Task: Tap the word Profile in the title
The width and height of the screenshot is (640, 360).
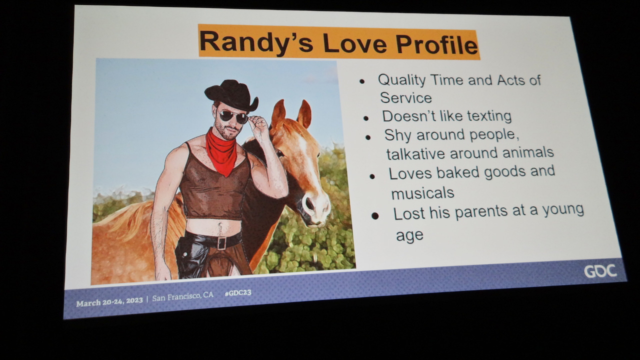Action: pyautogui.click(x=437, y=44)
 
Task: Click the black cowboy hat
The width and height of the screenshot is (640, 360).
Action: pyautogui.click(x=231, y=95)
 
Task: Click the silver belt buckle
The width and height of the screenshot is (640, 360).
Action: pyautogui.click(x=221, y=243)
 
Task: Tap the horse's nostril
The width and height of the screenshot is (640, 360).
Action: pyautogui.click(x=309, y=203)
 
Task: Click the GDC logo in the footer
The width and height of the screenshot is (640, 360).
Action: pyautogui.click(x=600, y=271)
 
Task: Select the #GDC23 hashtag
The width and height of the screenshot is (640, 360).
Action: pyautogui.click(x=238, y=293)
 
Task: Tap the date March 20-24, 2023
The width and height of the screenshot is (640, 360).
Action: pyautogui.click(x=109, y=301)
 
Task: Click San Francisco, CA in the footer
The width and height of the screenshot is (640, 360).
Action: pyautogui.click(x=182, y=297)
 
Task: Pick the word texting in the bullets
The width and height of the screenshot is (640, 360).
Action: pyautogui.click(x=489, y=116)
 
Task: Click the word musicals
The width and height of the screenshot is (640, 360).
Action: pyautogui.click(x=422, y=193)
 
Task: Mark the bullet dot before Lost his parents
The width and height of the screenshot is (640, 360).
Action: pyautogui.click(x=375, y=216)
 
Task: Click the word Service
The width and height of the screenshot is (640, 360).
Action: pyautogui.click(x=405, y=98)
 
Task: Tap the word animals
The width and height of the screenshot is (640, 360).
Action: pyautogui.click(x=528, y=152)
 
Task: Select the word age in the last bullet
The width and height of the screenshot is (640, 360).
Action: pyautogui.click(x=409, y=235)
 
